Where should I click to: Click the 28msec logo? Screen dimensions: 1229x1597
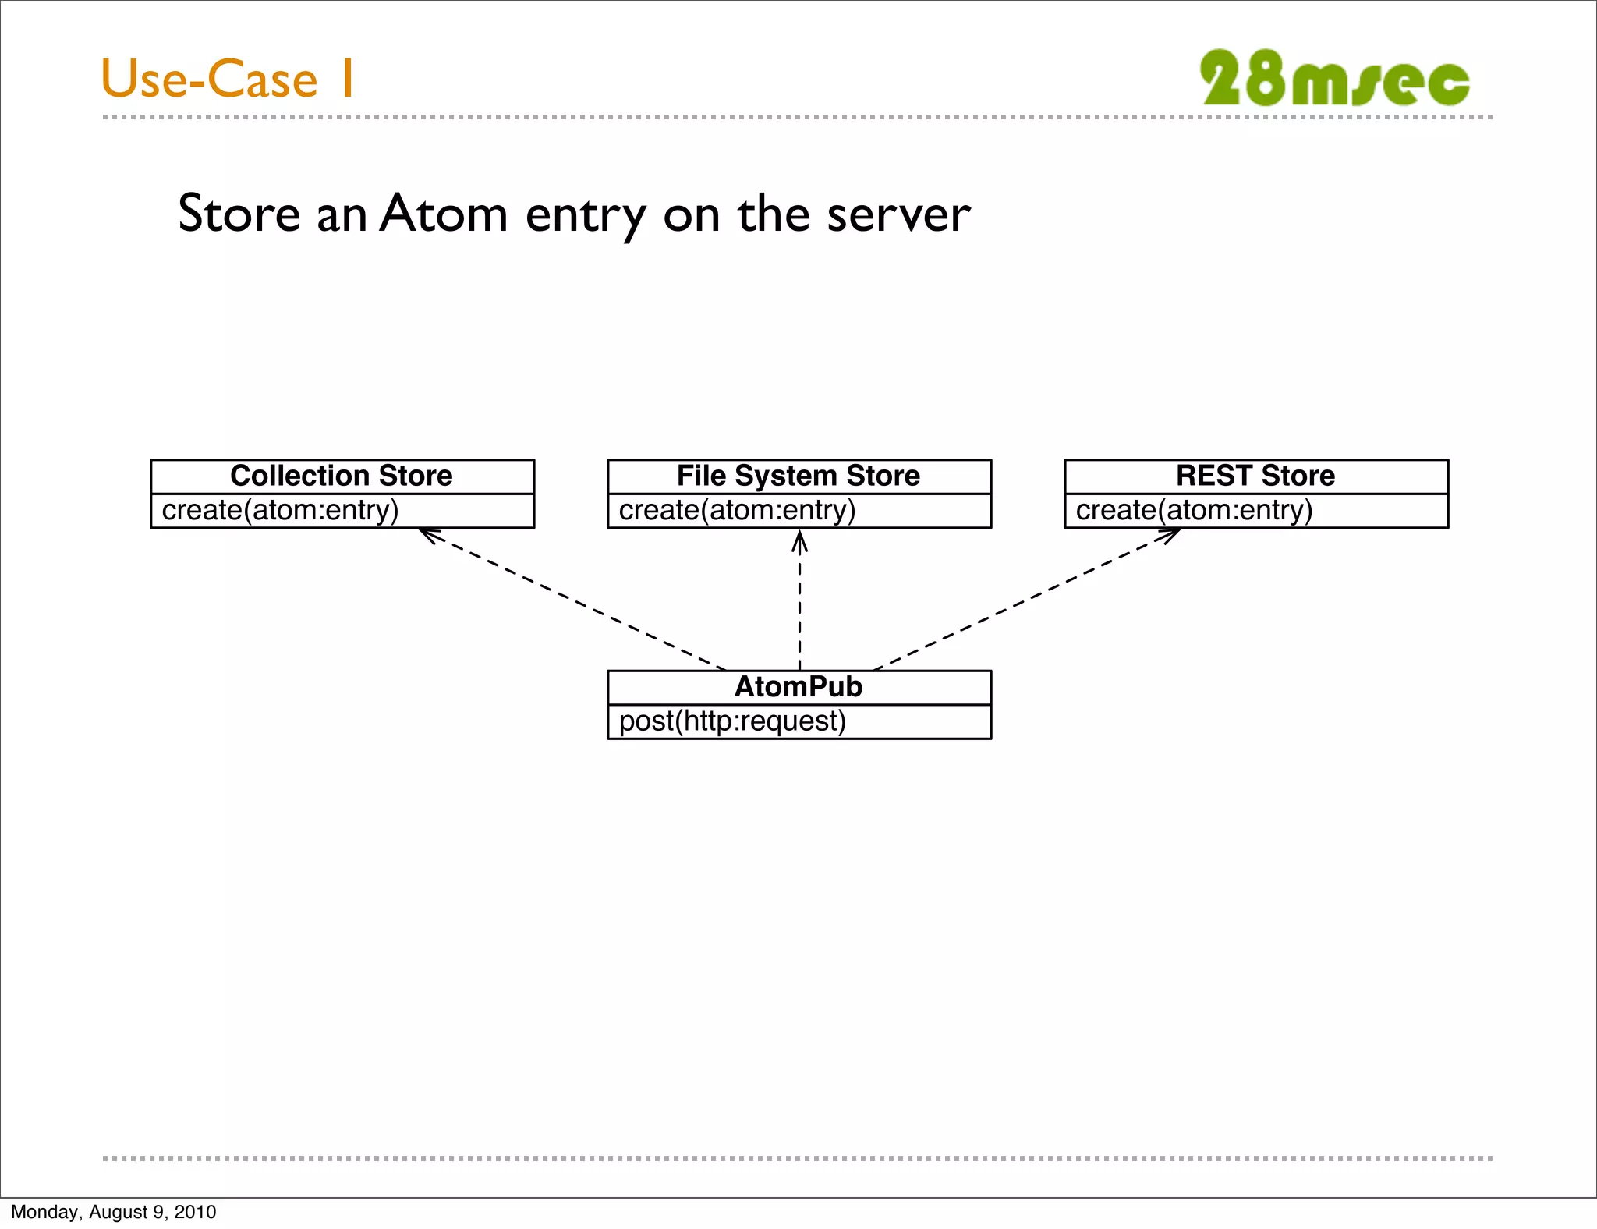click(x=1334, y=79)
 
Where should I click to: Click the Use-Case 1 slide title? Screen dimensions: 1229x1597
click(x=228, y=79)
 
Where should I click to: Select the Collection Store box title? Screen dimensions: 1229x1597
click(x=342, y=476)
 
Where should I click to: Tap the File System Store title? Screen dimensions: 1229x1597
click(x=798, y=476)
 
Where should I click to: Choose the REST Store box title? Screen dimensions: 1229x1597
click(x=1255, y=476)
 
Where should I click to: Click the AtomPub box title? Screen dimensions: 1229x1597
click(x=798, y=687)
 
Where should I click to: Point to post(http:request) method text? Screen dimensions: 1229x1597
click(x=732, y=721)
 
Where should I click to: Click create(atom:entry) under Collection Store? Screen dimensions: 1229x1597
click(x=280, y=510)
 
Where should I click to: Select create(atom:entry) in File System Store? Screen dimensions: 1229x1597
click(x=737, y=510)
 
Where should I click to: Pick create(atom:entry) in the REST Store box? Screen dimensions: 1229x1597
click(x=1194, y=510)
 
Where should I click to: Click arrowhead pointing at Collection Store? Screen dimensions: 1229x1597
click(x=428, y=534)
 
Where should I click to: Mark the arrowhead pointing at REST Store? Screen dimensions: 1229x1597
click(x=1170, y=534)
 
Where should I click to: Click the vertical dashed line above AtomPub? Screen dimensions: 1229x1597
click(x=799, y=608)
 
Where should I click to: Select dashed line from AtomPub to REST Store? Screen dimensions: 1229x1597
click(x=1022, y=601)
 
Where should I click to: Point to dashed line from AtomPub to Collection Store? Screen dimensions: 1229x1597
click(x=577, y=601)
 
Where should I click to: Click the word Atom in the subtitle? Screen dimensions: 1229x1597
click(x=444, y=214)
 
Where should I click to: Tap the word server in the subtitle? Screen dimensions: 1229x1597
click(x=898, y=214)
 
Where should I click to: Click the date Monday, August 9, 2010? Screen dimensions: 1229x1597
click(x=113, y=1212)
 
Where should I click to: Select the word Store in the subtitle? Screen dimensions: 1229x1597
click(x=239, y=214)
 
